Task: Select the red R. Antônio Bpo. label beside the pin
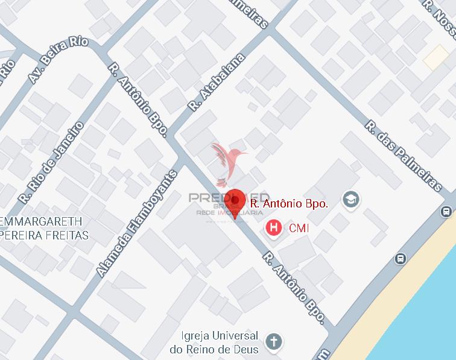click(x=289, y=204)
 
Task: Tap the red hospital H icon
click(x=274, y=228)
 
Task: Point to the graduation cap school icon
click(x=350, y=198)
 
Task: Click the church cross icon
click(x=274, y=341)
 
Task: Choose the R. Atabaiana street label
click(x=216, y=83)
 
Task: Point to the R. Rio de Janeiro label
click(x=51, y=163)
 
